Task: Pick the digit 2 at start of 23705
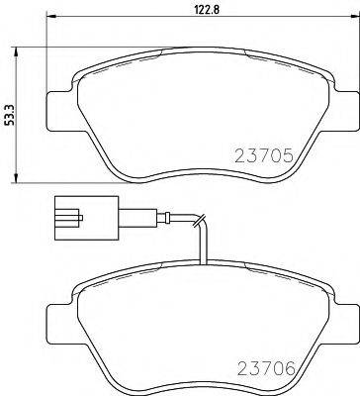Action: click(x=238, y=155)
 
